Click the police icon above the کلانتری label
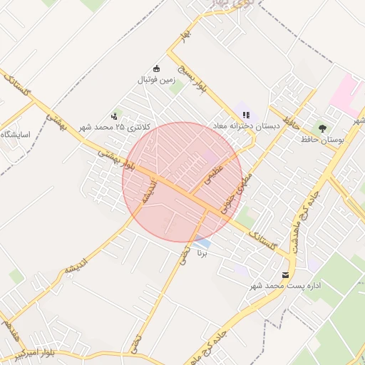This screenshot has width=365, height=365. coord(114,115)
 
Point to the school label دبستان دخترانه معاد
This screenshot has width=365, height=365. coord(245,125)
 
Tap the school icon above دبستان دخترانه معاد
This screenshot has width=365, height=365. coord(246,114)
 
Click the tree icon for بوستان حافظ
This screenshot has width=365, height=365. coord(324,128)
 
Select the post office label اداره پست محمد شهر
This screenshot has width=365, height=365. coord(285,285)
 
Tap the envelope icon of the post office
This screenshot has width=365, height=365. coord(286,274)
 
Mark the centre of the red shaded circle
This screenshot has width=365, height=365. coord(182,182)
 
